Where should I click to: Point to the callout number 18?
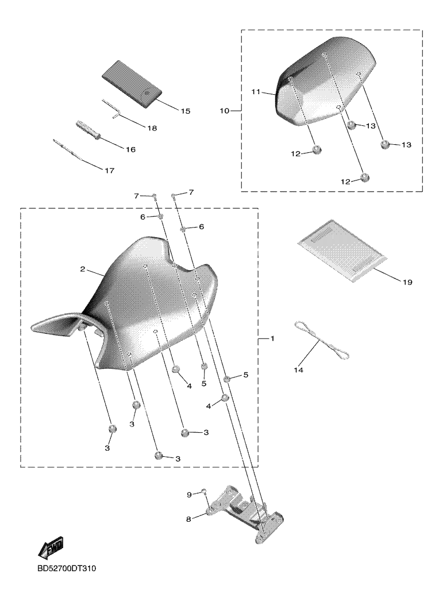(x=152, y=128)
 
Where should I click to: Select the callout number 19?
(x=407, y=282)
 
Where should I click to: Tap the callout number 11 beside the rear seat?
(x=256, y=91)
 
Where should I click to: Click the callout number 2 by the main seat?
(x=83, y=269)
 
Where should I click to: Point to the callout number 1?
(x=272, y=339)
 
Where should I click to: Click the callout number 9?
(x=188, y=494)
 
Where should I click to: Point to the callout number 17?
(x=109, y=171)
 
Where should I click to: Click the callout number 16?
(x=130, y=149)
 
